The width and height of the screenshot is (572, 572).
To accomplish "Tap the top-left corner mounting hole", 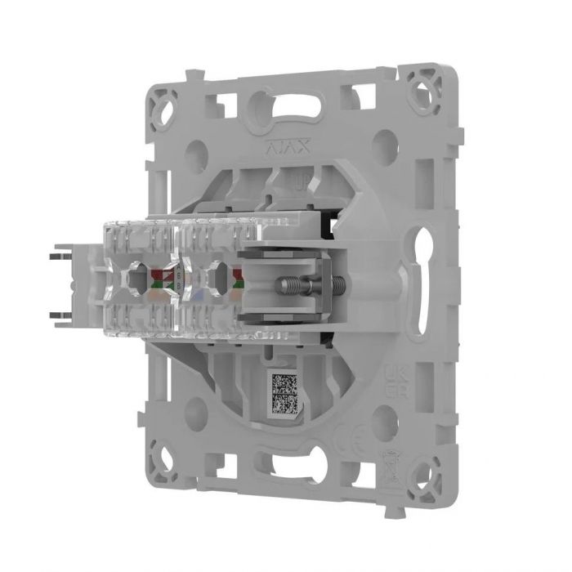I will coord(168,105).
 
